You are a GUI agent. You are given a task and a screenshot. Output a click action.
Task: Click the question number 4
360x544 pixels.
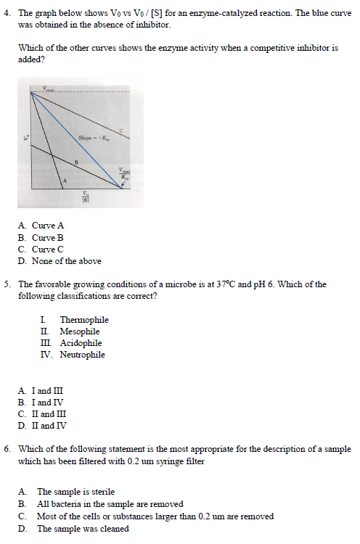(x=7, y=13)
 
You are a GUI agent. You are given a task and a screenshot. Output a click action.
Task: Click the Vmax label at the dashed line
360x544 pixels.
(x=48, y=89)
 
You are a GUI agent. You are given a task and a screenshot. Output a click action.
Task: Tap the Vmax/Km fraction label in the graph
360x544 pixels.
(x=124, y=174)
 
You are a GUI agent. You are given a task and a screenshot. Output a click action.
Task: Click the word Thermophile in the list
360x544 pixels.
(x=84, y=320)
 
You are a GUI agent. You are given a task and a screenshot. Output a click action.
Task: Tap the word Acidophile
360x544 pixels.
(x=81, y=343)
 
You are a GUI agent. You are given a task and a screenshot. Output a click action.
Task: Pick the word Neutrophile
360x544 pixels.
(x=82, y=355)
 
